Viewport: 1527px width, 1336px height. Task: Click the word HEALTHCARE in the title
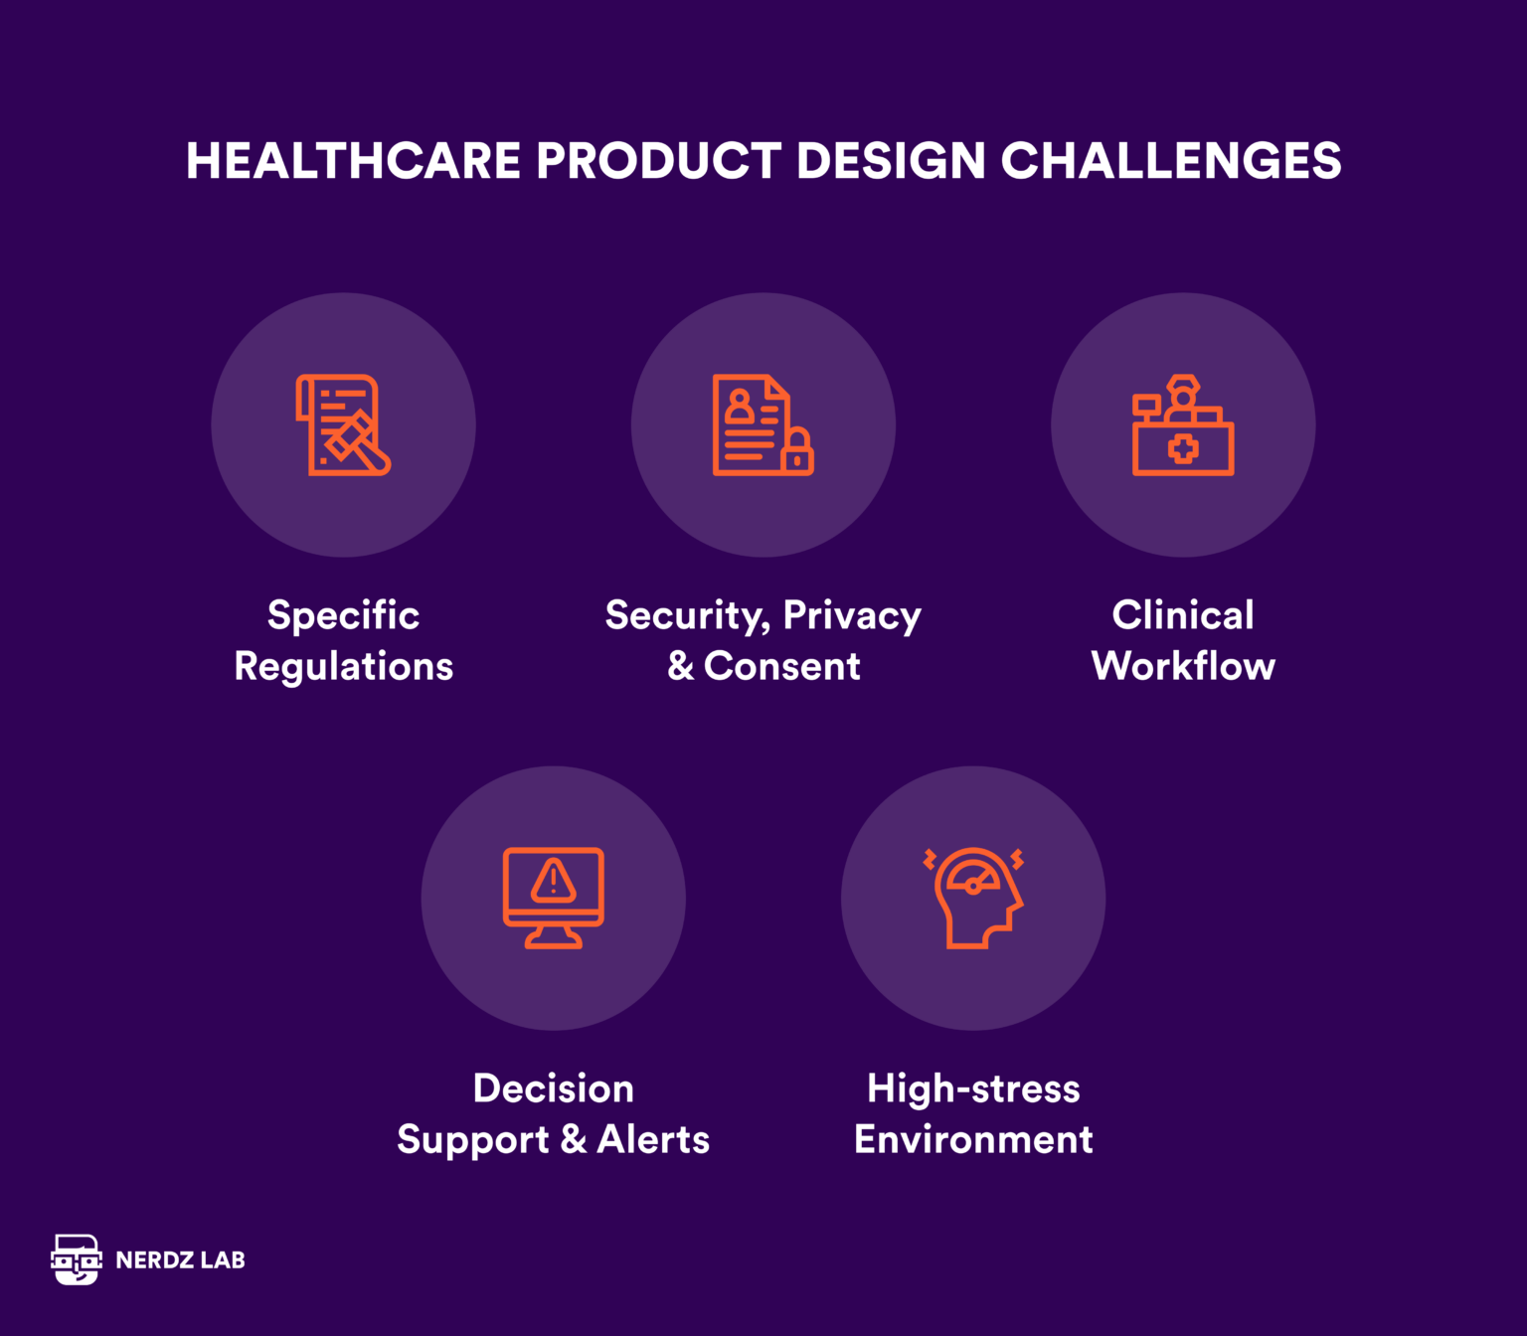pyautogui.click(x=353, y=161)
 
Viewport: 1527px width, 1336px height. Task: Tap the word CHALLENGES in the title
pyautogui.click(x=1170, y=161)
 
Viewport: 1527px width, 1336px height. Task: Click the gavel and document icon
pyautogui.click(x=343, y=425)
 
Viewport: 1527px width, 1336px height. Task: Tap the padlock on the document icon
pyautogui.click(x=797, y=452)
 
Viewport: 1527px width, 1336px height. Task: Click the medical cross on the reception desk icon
pyautogui.click(x=1183, y=449)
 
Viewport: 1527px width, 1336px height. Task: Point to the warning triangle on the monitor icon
pyautogui.click(x=554, y=881)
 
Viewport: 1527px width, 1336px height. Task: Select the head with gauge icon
pyautogui.click(x=974, y=898)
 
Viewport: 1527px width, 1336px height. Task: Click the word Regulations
pyautogui.click(x=343, y=666)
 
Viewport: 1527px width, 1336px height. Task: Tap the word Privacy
pyautogui.click(x=852, y=616)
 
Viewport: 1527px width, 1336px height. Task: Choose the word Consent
pyautogui.click(x=781, y=666)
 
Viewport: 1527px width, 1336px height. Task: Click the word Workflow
pyautogui.click(x=1183, y=666)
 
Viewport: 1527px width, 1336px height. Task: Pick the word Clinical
pyautogui.click(x=1183, y=615)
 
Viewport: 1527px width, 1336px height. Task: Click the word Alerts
pyautogui.click(x=653, y=1139)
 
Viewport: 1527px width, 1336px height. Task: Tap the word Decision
pyautogui.click(x=554, y=1088)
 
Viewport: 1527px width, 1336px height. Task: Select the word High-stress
pyautogui.click(x=973, y=1088)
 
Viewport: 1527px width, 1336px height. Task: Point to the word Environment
pyautogui.click(x=973, y=1139)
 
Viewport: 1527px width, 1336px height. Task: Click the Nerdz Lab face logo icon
pyautogui.click(x=77, y=1259)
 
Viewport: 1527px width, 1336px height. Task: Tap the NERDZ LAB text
pyautogui.click(x=180, y=1260)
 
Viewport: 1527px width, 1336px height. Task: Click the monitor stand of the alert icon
pyautogui.click(x=554, y=937)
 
